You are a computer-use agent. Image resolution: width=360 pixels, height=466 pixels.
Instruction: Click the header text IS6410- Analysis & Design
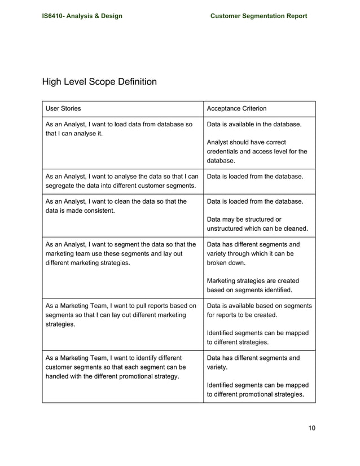coord(82,16)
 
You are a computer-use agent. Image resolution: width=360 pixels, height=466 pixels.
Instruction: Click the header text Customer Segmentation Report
coord(258,16)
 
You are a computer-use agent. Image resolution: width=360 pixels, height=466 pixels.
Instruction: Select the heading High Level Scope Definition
coord(99,82)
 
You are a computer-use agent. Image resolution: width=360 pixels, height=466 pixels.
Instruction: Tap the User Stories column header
coord(63,108)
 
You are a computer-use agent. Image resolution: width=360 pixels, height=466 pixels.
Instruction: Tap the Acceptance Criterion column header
coord(237,108)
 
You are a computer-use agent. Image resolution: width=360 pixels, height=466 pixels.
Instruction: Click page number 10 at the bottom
coord(312,427)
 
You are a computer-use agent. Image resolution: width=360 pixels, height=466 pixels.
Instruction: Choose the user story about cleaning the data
coord(115,206)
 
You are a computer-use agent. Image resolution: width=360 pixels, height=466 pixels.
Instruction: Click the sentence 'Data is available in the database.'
coord(254,124)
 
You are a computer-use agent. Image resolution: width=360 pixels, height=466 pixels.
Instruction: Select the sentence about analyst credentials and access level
coord(257,152)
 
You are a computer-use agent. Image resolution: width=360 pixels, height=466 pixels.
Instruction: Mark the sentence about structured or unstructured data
coord(258,224)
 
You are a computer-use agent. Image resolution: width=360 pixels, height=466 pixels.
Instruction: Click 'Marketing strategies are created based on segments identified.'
coord(253,285)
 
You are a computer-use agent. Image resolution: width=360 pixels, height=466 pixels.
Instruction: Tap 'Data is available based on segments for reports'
coord(259,310)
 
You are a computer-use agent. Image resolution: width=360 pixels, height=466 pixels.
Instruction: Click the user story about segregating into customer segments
coord(121,181)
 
